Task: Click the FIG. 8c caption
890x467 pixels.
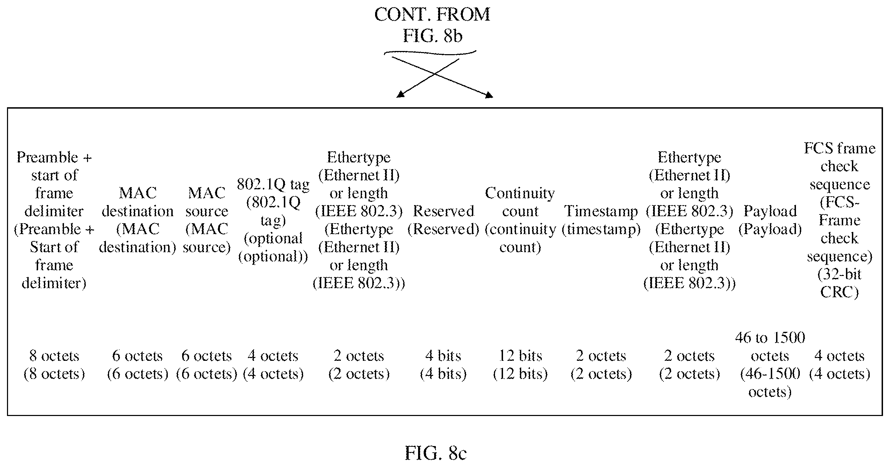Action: (x=436, y=453)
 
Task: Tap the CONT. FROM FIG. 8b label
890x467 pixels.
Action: (x=432, y=25)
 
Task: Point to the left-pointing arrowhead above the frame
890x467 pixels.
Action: (x=401, y=94)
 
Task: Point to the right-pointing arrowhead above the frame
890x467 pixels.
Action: (x=489, y=94)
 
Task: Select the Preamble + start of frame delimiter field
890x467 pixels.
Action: (x=54, y=220)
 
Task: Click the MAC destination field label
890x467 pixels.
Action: (x=137, y=220)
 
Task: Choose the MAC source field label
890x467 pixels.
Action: (x=207, y=220)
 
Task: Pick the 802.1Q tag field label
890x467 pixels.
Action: (x=273, y=220)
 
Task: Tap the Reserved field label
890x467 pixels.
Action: (x=443, y=220)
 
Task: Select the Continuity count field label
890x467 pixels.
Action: (x=520, y=220)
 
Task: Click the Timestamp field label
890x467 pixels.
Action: (x=601, y=220)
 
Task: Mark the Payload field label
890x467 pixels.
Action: (x=770, y=220)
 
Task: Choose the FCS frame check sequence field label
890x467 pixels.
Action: (x=840, y=220)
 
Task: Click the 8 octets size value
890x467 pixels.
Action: (x=54, y=365)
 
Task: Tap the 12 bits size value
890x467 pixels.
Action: (x=520, y=365)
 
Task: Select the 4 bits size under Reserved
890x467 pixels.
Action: (x=443, y=365)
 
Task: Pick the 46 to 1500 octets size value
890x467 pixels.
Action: (x=770, y=365)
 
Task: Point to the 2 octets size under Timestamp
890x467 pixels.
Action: (x=601, y=365)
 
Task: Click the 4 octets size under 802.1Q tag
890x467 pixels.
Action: (x=273, y=365)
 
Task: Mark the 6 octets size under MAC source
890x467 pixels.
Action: (x=207, y=365)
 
